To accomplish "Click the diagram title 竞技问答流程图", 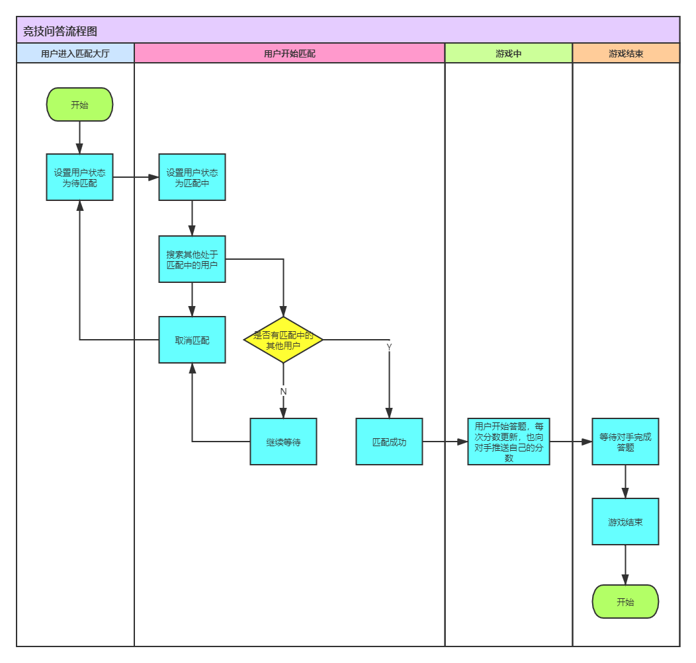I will pyautogui.click(x=60, y=31).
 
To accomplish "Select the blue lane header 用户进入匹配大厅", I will pyautogui.click(x=75, y=54).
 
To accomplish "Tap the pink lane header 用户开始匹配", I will pyautogui.click(x=289, y=54).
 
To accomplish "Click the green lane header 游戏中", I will pyautogui.click(x=508, y=54).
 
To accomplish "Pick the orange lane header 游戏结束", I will pyautogui.click(x=625, y=54).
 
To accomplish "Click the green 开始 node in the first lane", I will pyautogui.click(x=79, y=104).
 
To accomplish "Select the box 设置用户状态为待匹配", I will pyautogui.click(x=79, y=177).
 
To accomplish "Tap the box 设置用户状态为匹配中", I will pyautogui.click(x=192, y=177).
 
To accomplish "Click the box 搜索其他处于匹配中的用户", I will pyautogui.click(x=192, y=259).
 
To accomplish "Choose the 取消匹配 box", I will pyautogui.click(x=192, y=340).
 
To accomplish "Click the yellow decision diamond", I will pyautogui.click(x=283, y=340).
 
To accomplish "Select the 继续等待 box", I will pyautogui.click(x=283, y=442).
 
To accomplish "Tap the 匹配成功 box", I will pyautogui.click(x=389, y=442).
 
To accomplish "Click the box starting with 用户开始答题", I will pyautogui.click(x=508, y=442).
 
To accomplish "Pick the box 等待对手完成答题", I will pyautogui.click(x=625, y=442).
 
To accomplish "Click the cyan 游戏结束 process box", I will pyautogui.click(x=625, y=522).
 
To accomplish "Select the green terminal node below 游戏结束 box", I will pyautogui.click(x=625, y=602).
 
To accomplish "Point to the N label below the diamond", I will pyautogui.click(x=283, y=391).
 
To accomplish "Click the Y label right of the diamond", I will pyautogui.click(x=389, y=347).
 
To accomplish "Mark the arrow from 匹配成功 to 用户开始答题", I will pyautogui.click(x=445, y=442).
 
